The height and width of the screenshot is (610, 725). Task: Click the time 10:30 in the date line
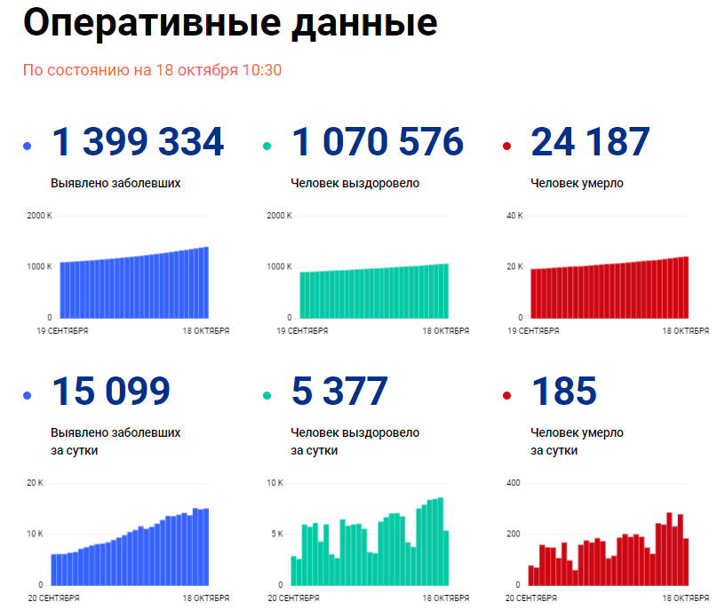tap(264, 70)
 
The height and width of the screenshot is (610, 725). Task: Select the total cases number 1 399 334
tap(138, 143)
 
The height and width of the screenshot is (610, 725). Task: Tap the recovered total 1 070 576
tap(377, 143)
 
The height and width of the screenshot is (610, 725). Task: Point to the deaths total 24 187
tap(590, 143)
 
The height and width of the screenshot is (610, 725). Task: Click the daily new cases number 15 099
tap(111, 392)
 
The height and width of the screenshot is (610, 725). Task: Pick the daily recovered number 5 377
tap(339, 392)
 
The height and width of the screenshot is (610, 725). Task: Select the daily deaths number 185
tap(563, 392)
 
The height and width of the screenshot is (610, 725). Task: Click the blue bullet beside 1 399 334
tap(28, 147)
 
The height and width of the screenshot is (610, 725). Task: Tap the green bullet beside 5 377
tap(267, 395)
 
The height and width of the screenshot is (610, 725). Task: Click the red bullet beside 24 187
tap(506, 147)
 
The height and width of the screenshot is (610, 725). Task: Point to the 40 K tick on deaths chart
tap(514, 216)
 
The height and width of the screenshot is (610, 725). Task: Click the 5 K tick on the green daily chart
tap(276, 534)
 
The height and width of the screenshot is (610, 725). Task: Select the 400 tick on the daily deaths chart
tap(513, 483)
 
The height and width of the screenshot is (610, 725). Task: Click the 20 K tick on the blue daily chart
tap(35, 483)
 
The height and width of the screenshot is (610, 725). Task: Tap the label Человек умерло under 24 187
tap(577, 184)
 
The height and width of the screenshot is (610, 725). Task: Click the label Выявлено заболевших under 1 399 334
tap(116, 184)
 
